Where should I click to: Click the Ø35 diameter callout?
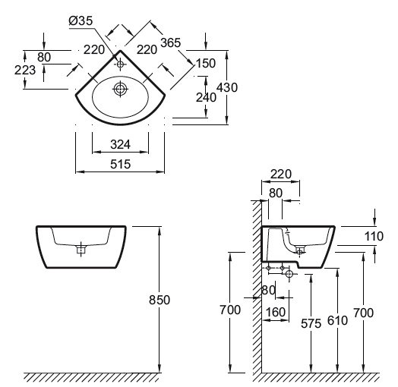click(x=81, y=20)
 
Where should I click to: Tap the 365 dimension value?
click(x=171, y=42)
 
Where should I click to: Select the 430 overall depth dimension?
click(x=227, y=87)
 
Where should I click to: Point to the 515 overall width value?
click(x=120, y=164)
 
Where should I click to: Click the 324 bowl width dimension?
click(x=120, y=144)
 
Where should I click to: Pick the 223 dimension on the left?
click(x=25, y=70)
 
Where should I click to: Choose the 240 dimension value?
click(x=206, y=97)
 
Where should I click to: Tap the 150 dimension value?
click(x=206, y=63)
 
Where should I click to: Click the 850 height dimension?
click(x=160, y=300)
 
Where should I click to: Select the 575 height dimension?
click(x=311, y=323)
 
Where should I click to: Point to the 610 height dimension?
click(x=337, y=320)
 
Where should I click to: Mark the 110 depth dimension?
click(x=374, y=236)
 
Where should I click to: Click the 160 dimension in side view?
click(x=276, y=312)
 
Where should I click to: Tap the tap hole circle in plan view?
click(x=120, y=64)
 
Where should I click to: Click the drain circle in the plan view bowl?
click(x=120, y=89)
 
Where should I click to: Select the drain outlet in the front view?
click(x=81, y=250)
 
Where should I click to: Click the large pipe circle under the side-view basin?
click(x=289, y=274)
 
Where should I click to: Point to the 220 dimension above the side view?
click(x=281, y=175)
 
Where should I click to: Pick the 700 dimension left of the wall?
click(x=230, y=310)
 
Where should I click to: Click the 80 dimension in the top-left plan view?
click(x=44, y=57)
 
